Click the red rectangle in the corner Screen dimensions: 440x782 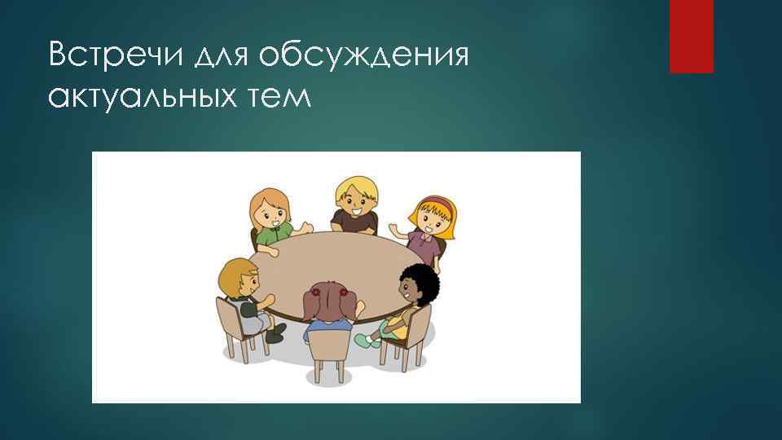point(691,36)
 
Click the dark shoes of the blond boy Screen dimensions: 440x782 point(275,332)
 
